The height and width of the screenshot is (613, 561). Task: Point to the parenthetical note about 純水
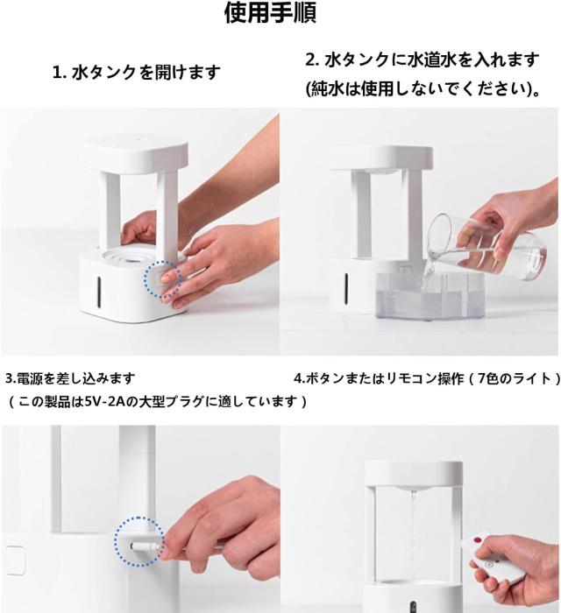tap(423, 89)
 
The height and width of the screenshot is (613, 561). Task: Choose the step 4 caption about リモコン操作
tap(427, 378)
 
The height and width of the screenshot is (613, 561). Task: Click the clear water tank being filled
tap(430, 294)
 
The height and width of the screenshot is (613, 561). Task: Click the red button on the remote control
tap(476, 540)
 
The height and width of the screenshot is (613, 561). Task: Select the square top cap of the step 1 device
tap(133, 153)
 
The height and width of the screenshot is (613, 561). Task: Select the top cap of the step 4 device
tap(414, 475)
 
